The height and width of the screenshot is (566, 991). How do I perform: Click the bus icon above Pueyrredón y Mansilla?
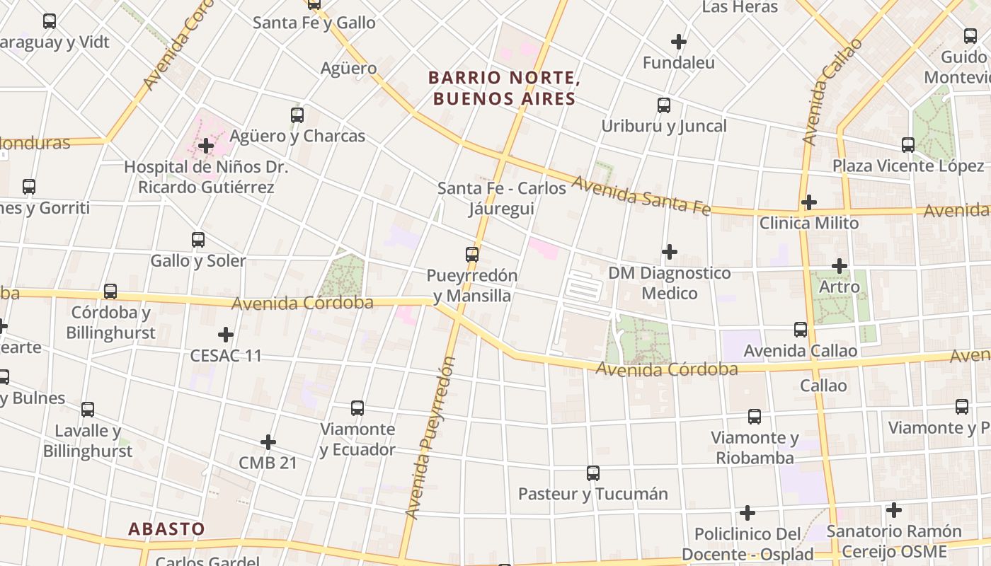472,255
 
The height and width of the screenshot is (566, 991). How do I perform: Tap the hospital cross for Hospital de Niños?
206,146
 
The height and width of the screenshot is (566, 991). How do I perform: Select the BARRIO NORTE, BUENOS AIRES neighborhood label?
504,88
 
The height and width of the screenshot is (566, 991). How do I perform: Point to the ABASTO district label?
166,529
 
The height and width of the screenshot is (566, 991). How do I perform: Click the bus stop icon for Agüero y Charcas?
297,115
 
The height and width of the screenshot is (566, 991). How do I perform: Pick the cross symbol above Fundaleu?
679,42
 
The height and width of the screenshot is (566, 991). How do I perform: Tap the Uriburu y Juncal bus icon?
664,105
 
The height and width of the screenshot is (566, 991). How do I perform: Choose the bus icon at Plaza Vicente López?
908,145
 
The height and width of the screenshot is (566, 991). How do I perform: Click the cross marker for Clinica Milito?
808,203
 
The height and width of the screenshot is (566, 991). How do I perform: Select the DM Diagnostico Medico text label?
669,283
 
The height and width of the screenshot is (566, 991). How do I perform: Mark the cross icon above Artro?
840,267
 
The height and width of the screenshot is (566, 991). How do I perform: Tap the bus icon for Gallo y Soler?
198,240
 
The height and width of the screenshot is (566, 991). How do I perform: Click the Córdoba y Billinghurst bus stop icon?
110,291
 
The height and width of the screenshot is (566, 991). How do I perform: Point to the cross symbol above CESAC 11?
226,335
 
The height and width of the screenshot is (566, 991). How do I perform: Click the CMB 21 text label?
268,463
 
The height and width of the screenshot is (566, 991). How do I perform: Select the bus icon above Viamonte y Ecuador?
357,408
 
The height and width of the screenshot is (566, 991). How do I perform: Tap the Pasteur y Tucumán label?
593,494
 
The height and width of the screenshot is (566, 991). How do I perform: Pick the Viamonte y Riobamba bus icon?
755,417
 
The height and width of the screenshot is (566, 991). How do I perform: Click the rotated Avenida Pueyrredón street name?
430,439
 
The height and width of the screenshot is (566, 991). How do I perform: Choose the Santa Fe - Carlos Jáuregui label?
502,199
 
